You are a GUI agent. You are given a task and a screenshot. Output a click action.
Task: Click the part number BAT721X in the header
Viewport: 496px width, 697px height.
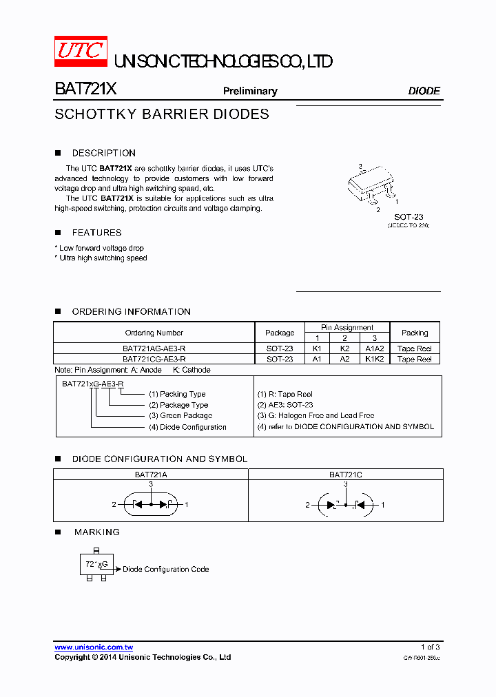85,90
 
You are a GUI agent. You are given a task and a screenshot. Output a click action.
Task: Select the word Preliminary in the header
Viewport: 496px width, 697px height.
249,91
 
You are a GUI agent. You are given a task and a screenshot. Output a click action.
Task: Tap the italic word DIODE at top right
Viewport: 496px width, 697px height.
424,91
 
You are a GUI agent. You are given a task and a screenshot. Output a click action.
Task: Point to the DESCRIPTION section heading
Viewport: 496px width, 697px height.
103,153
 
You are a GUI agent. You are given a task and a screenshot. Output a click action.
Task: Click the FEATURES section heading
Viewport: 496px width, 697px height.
96,233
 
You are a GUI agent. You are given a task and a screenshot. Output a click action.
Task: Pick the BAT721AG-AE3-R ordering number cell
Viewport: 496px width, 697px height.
154,348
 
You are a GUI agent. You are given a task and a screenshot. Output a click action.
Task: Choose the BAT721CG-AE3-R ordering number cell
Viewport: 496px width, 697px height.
154,359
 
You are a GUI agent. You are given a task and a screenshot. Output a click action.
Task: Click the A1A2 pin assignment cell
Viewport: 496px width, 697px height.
375,348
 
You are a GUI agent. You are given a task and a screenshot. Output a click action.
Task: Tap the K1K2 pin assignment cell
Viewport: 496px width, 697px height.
375,359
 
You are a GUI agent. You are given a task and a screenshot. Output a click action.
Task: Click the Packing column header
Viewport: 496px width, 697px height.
415,333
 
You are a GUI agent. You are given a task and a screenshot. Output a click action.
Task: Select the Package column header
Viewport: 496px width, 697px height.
280,333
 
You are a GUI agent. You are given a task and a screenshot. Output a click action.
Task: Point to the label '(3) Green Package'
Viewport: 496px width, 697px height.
180,416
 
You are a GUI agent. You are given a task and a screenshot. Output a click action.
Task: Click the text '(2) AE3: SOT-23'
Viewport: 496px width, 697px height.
285,405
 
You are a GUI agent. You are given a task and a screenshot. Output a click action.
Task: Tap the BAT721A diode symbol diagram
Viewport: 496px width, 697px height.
150,504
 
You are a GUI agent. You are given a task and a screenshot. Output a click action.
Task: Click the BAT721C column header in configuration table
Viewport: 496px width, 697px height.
345,475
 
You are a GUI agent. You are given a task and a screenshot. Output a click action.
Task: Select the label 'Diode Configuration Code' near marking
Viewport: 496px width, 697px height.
165,570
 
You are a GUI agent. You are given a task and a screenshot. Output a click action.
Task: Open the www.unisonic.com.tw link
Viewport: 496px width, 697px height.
94,647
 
